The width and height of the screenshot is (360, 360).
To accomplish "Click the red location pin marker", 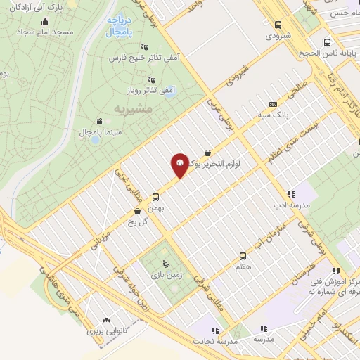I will (x=179, y=166).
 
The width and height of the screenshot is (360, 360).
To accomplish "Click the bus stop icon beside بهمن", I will (x=155, y=198).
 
